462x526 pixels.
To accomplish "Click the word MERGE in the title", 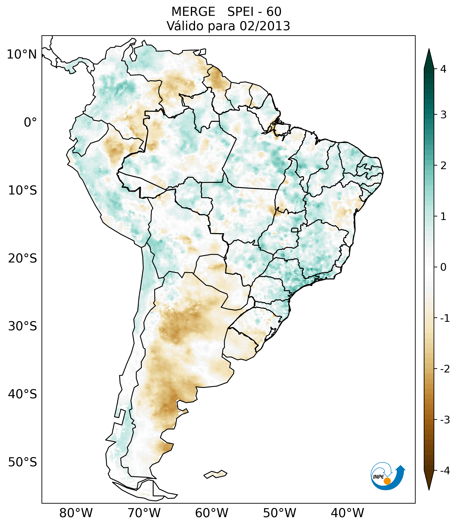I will tap(193, 12).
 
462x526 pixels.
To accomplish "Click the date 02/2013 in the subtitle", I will tap(265, 26).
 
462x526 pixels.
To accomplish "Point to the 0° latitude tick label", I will tap(30, 122).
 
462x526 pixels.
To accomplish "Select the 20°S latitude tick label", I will tap(23, 258).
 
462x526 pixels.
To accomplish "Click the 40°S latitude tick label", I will tap(23, 394).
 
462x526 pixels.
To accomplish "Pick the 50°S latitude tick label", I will tap(23, 462).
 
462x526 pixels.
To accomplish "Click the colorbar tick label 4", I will tap(443, 69).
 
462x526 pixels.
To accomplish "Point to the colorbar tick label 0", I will tap(443, 267).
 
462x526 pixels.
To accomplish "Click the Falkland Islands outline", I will tap(215, 474).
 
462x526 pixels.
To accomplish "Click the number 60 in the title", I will tap(274, 12).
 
